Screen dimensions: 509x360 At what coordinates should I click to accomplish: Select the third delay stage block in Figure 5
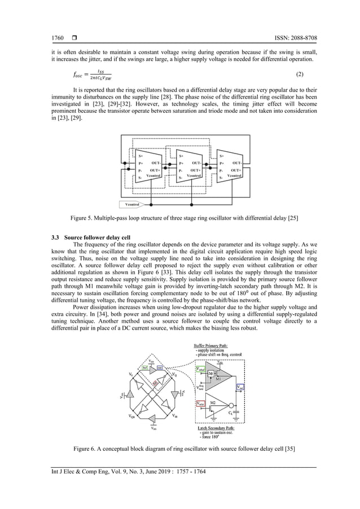230,166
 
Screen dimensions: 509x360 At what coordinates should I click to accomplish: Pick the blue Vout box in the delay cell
240,388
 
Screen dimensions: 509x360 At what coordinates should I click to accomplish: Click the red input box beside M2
200,404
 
